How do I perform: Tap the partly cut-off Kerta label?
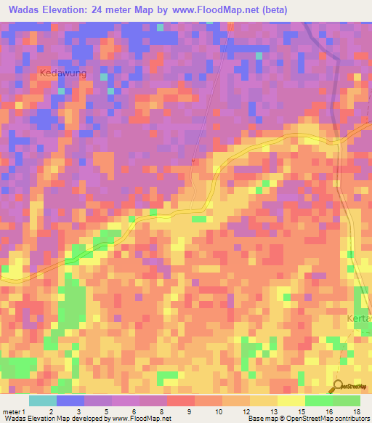(358, 319)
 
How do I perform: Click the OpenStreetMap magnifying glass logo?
(338, 386)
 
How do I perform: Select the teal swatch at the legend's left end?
(43, 400)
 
